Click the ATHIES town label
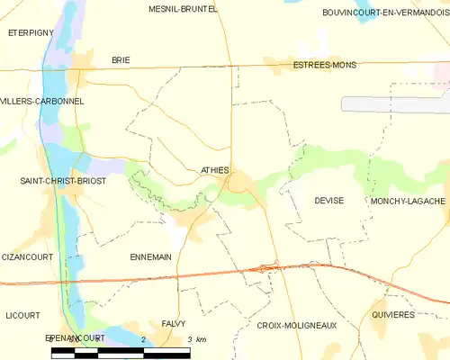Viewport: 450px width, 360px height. coord(215,169)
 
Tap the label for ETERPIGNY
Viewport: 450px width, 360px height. coord(31,31)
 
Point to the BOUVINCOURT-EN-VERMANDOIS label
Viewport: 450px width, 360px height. coord(385,13)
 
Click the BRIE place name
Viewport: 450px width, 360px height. coord(121,59)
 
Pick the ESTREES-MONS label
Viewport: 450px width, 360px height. coord(324,65)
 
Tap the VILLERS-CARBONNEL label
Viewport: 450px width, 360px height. coord(42,101)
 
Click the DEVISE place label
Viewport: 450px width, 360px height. coord(329,201)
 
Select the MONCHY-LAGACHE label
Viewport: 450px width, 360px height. coord(407,201)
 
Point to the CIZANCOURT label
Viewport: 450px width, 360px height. coord(27,256)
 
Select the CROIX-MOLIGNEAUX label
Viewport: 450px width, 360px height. coord(297,325)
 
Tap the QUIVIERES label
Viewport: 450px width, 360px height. coord(392,315)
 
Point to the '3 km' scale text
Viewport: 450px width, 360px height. coord(196,338)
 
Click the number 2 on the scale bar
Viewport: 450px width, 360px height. coord(143,338)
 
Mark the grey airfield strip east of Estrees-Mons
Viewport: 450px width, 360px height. coord(396,103)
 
